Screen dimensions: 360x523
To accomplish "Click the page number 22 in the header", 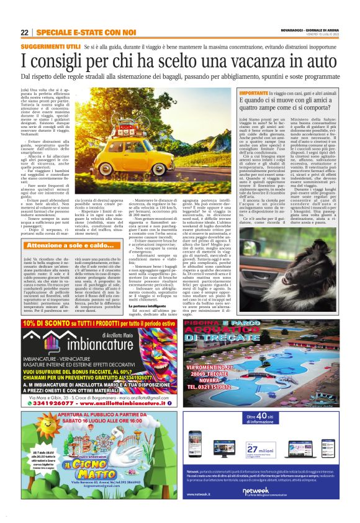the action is tap(24, 32).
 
